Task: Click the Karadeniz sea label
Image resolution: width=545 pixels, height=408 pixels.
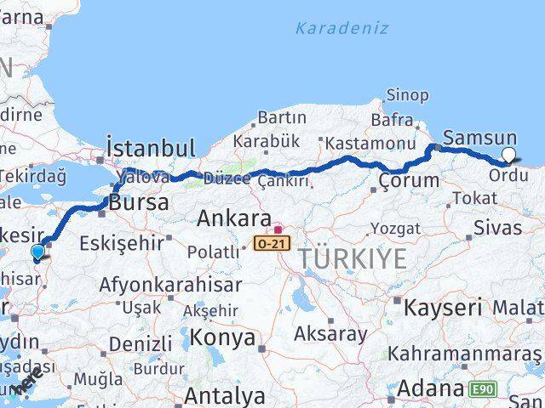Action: pyautogui.click(x=341, y=28)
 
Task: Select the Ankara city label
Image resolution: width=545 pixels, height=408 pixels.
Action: pyautogui.click(x=233, y=218)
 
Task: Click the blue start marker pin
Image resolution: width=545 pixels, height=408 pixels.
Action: pyautogui.click(x=37, y=252)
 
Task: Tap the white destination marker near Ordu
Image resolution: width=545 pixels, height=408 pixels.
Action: pyautogui.click(x=508, y=155)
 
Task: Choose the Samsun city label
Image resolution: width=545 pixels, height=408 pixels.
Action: pyautogui.click(x=480, y=138)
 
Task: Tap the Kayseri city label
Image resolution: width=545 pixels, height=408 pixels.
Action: pyautogui.click(x=443, y=307)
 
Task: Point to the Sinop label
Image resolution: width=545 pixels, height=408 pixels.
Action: pyautogui.click(x=407, y=95)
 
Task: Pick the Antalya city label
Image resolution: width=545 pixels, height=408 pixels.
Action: pyautogui.click(x=225, y=395)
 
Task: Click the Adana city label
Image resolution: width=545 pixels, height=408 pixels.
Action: pyautogui.click(x=429, y=388)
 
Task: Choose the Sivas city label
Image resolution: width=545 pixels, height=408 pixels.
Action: pyautogui.click(x=497, y=228)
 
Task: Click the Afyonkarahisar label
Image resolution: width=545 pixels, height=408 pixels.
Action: pyautogui.click(x=159, y=284)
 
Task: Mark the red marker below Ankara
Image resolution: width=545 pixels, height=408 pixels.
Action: pyautogui.click(x=278, y=229)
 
